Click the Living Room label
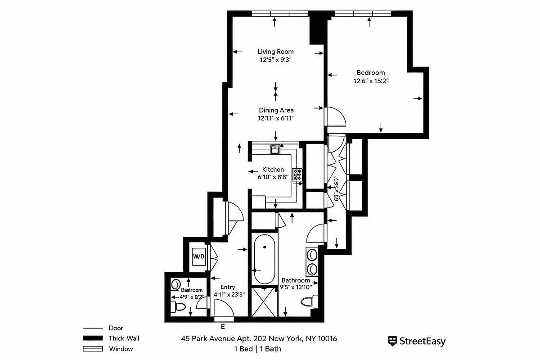(x=275, y=51)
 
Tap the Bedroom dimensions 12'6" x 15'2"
(x=371, y=81)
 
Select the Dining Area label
(x=276, y=110)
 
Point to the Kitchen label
(x=273, y=170)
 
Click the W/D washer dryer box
(x=198, y=256)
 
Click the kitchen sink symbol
(x=274, y=148)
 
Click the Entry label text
(x=227, y=287)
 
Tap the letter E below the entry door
(x=223, y=327)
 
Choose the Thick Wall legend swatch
(x=93, y=338)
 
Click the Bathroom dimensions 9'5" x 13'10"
(x=296, y=287)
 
